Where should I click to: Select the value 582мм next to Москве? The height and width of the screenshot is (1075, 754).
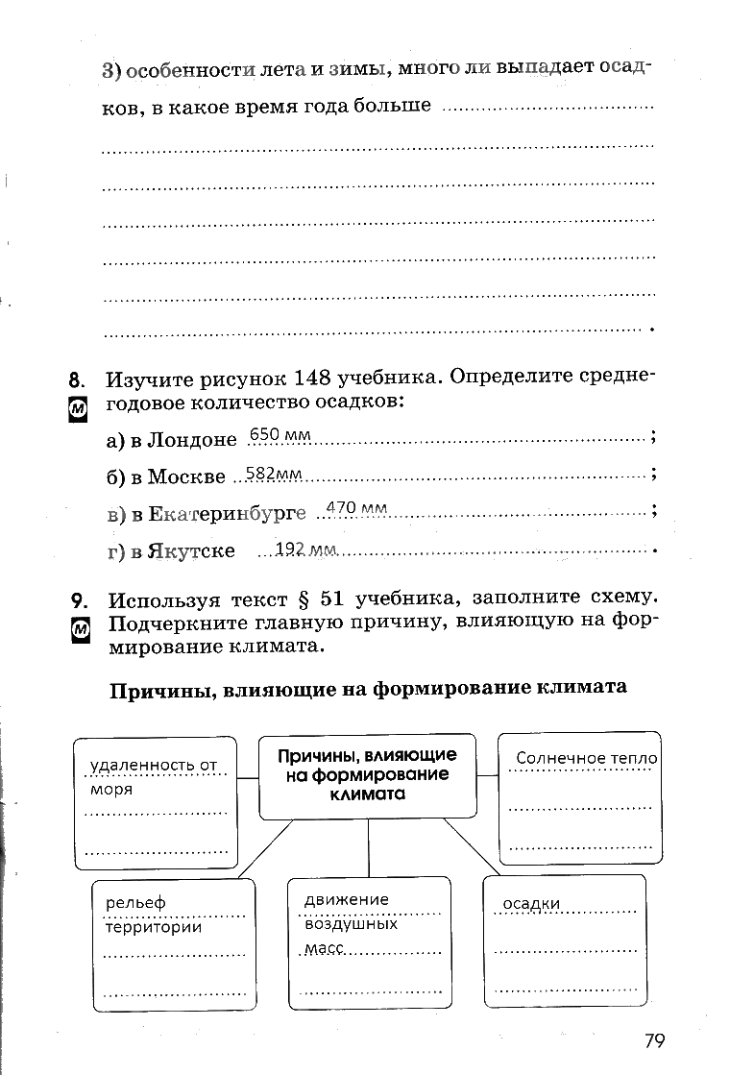274,473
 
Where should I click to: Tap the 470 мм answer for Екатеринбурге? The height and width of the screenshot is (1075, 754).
356,507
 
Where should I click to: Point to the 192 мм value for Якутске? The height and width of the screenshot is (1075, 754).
305,549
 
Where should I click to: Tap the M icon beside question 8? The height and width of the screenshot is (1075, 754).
79,409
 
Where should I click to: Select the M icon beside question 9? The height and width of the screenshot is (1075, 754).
81,630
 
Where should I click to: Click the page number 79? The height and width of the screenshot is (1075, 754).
655,1041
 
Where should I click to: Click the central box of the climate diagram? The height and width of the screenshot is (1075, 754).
367,775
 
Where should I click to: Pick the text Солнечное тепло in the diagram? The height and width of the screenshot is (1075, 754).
586,758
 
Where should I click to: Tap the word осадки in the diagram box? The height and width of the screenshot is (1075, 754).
531,904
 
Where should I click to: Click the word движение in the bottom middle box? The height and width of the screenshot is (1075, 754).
347,899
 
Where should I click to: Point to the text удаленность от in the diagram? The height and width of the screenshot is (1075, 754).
154,765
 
